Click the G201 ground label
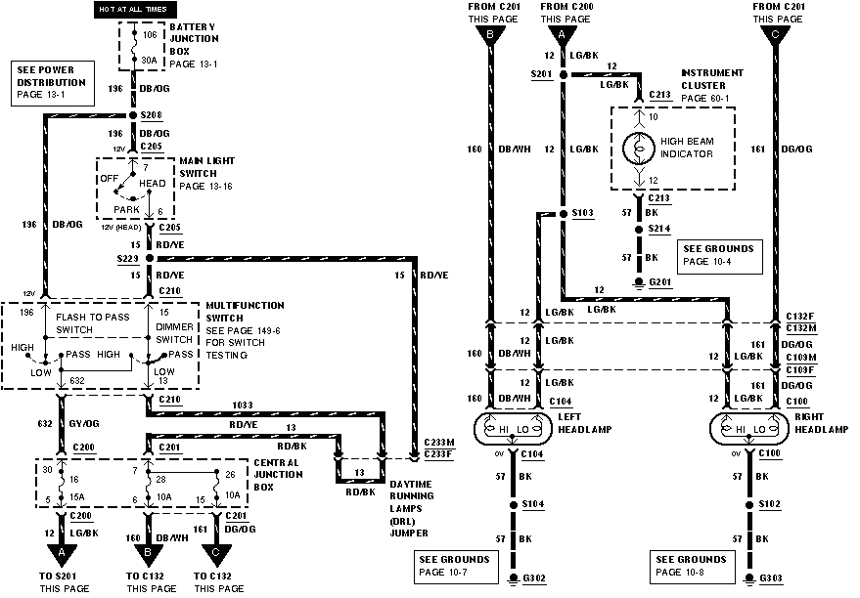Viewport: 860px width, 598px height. (662, 281)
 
